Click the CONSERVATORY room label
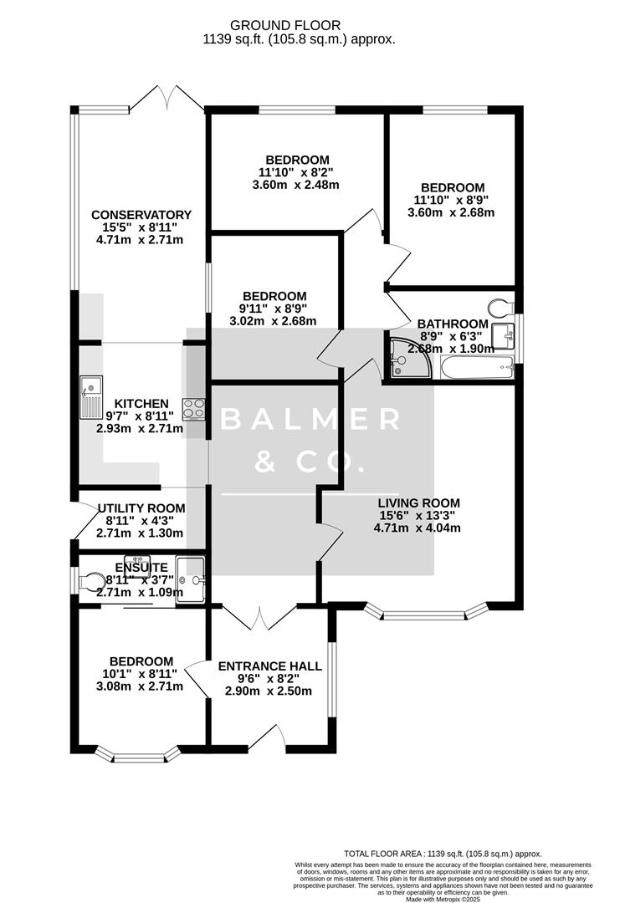point(141,215)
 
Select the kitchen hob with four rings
point(194,409)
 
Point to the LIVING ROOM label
point(418,503)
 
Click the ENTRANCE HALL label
point(269,666)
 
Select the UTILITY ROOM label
point(141,508)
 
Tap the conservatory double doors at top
point(167,98)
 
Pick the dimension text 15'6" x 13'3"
point(418,515)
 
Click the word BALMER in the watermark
point(310,420)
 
